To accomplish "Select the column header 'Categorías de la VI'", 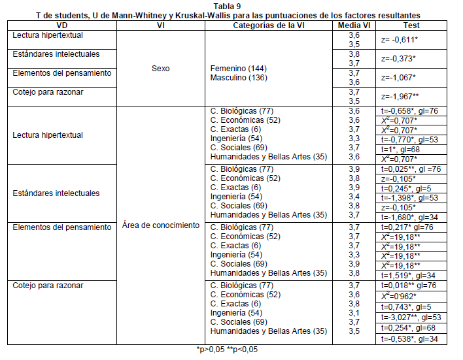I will pos(269,25).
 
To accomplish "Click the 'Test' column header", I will pos(412,25).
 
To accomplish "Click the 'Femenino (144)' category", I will pos(239,67).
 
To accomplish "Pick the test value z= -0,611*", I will pos(400,39).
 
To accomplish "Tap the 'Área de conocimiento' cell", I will pos(161,225).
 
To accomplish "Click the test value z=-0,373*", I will pos(398,58).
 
